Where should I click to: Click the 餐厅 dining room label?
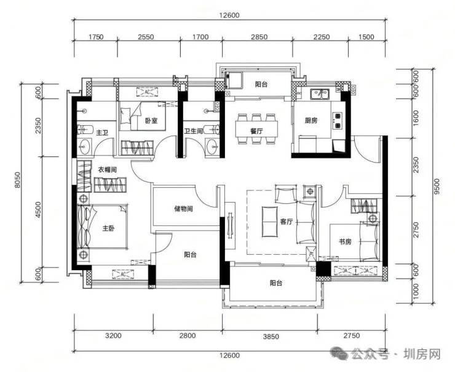click(x=256, y=131)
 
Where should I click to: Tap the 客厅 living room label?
click(x=286, y=222)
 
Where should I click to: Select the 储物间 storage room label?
click(x=183, y=209)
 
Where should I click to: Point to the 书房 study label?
click(x=345, y=241)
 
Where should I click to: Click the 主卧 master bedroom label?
click(x=108, y=228)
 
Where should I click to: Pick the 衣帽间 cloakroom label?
click(x=107, y=169)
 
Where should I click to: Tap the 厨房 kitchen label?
click(x=311, y=120)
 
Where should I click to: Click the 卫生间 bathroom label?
click(x=193, y=131)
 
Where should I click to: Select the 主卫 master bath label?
click(x=102, y=133)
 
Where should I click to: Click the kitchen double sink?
click(x=319, y=94)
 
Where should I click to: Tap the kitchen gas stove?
click(x=337, y=120)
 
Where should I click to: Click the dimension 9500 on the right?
click(x=437, y=186)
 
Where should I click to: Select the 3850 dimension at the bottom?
click(x=271, y=336)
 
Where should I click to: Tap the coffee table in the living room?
click(x=269, y=222)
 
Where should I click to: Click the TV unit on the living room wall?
click(x=231, y=225)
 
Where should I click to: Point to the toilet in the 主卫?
click(x=85, y=130)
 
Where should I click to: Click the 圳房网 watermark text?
click(x=422, y=354)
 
